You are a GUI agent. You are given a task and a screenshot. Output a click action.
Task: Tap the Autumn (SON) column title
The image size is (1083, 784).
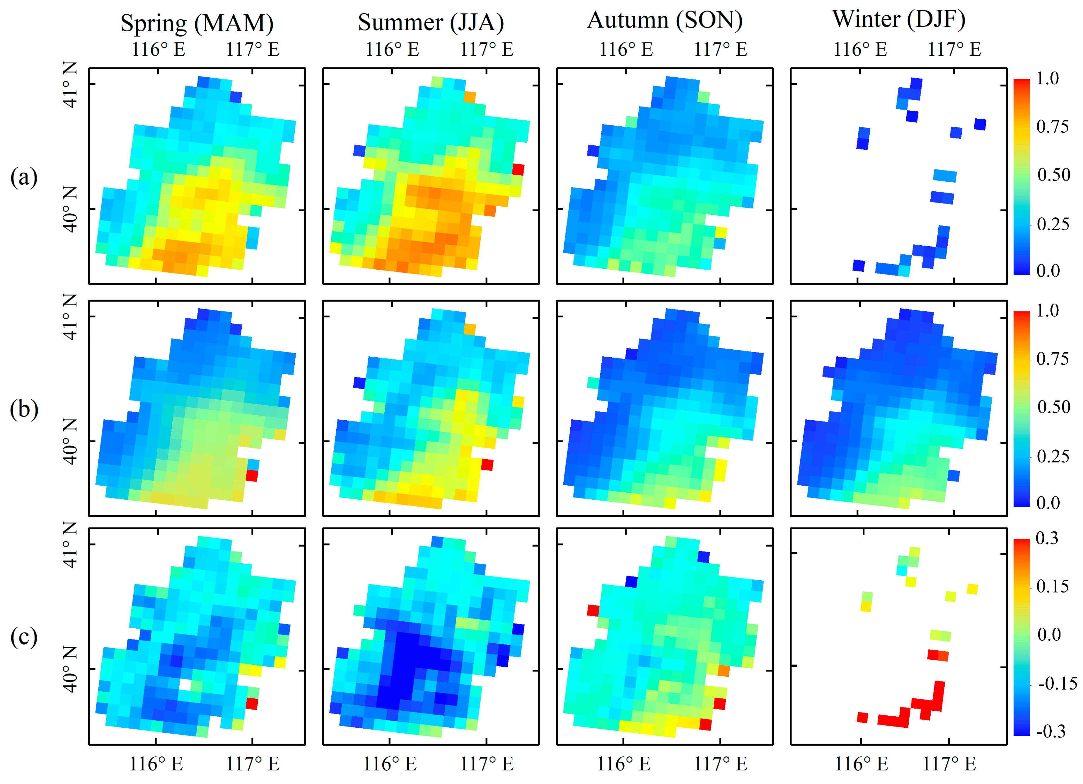[x=665, y=20]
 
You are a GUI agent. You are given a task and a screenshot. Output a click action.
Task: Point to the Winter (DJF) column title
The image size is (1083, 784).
[x=899, y=19]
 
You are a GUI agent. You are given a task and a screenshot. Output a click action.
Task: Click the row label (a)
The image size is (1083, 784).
[x=24, y=177]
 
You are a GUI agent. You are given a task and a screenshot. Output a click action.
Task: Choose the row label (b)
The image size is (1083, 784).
[x=24, y=409]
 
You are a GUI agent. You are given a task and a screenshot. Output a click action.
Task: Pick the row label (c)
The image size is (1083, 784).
[x=24, y=637]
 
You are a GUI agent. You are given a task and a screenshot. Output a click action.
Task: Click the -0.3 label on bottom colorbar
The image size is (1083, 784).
[x=1050, y=731]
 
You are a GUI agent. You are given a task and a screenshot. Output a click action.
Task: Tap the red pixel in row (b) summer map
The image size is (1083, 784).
[x=487, y=464]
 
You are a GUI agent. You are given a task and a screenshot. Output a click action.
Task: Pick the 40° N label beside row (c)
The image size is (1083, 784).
[x=70, y=669]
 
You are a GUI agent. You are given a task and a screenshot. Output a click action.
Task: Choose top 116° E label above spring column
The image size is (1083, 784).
[x=158, y=49]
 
